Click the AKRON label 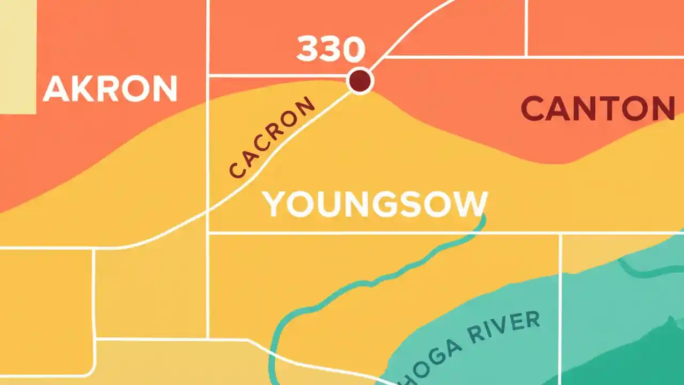[x=110, y=89]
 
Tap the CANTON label [x=597, y=109]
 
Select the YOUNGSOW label [x=375, y=204]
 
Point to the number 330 [x=331, y=49]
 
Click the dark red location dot [x=360, y=81]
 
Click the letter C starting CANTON [x=533, y=109]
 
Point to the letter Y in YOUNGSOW [x=275, y=204]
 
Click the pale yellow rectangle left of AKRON [x=18, y=56]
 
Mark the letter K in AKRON [x=82, y=89]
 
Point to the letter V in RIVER [x=505, y=328]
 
